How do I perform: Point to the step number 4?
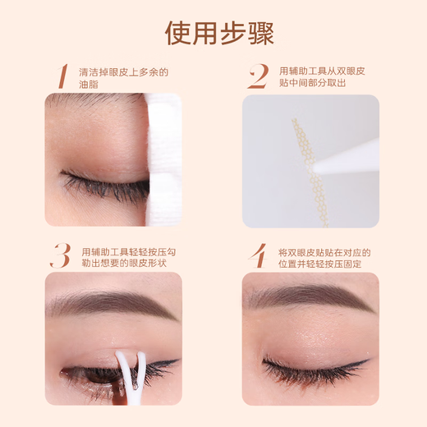tap(258, 255)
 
